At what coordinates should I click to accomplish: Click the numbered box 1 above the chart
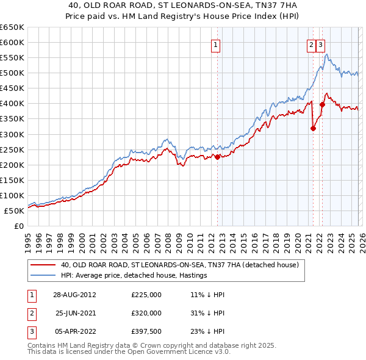coord(217,44)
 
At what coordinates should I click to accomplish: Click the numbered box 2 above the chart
coord(311,44)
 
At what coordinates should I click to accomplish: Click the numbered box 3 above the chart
coord(321,44)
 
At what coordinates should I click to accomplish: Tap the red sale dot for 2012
coord(217,157)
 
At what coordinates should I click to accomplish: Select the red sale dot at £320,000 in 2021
coord(313,128)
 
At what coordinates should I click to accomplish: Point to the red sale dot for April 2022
coord(322,104)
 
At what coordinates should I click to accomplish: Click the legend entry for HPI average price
coord(134,275)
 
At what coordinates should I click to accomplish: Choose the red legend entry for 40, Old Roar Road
coord(179,265)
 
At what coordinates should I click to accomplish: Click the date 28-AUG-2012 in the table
coord(74,294)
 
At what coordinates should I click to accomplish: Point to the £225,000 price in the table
coord(146,294)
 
